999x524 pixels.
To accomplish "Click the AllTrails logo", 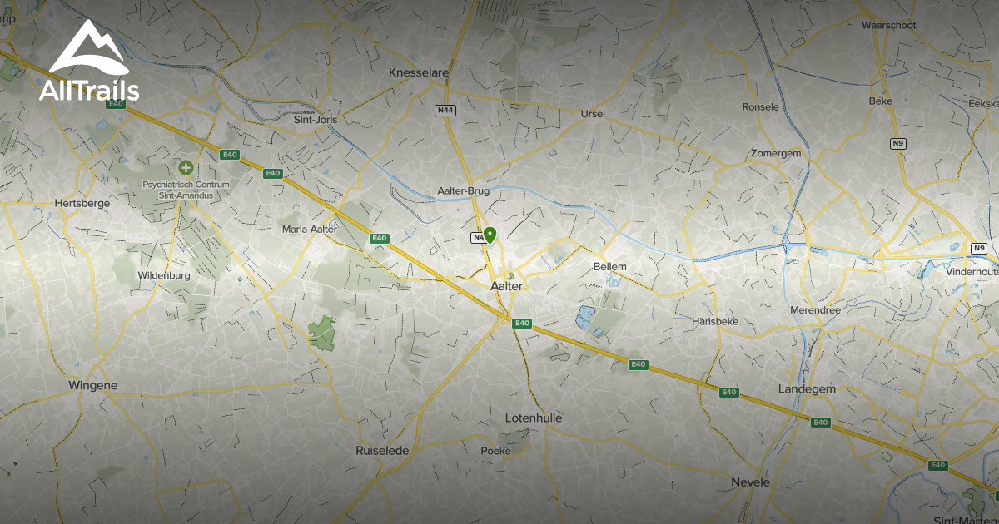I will [x=88, y=62].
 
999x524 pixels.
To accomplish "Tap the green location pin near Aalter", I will [x=490, y=235].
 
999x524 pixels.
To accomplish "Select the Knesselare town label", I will [x=419, y=73].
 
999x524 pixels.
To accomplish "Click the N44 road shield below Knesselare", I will [x=445, y=110].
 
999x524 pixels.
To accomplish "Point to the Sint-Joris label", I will [x=316, y=120].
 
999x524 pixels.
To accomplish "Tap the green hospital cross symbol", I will [x=185, y=168].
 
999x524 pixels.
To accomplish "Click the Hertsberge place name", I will [x=81, y=203].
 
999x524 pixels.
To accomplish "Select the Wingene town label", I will [x=92, y=385].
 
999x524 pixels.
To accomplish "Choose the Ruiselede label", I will [x=383, y=451].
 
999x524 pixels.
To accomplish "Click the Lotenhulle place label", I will [x=534, y=418].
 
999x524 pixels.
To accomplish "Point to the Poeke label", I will [x=495, y=451].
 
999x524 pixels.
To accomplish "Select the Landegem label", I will [x=805, y=389].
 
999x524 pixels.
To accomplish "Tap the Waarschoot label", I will [x=888, y=26].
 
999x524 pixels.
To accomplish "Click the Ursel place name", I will [x=593, y=113].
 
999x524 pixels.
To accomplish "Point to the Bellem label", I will [x=609, y=266].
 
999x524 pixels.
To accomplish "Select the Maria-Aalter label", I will [x=310, y=229].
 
